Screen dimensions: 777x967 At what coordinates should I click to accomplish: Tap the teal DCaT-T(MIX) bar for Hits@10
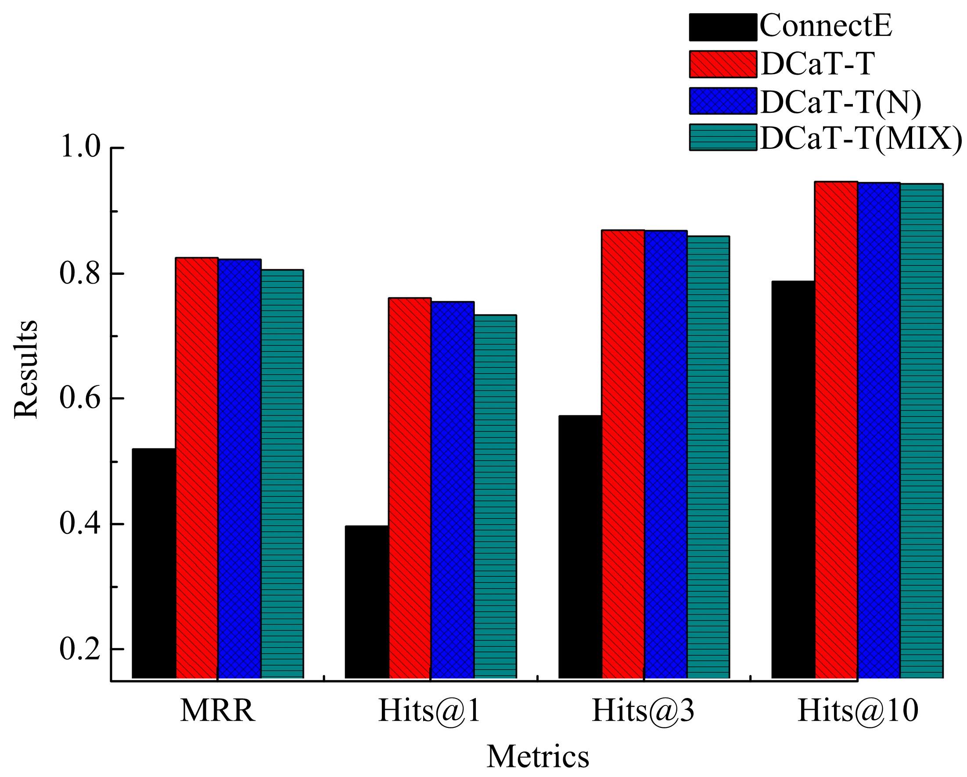tap(922, 431)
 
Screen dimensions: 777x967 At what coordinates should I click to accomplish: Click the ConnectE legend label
tap(826, 26)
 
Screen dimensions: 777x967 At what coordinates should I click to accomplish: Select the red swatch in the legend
tap(723, 63)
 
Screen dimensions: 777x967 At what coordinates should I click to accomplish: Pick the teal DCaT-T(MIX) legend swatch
tap(723, 137)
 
